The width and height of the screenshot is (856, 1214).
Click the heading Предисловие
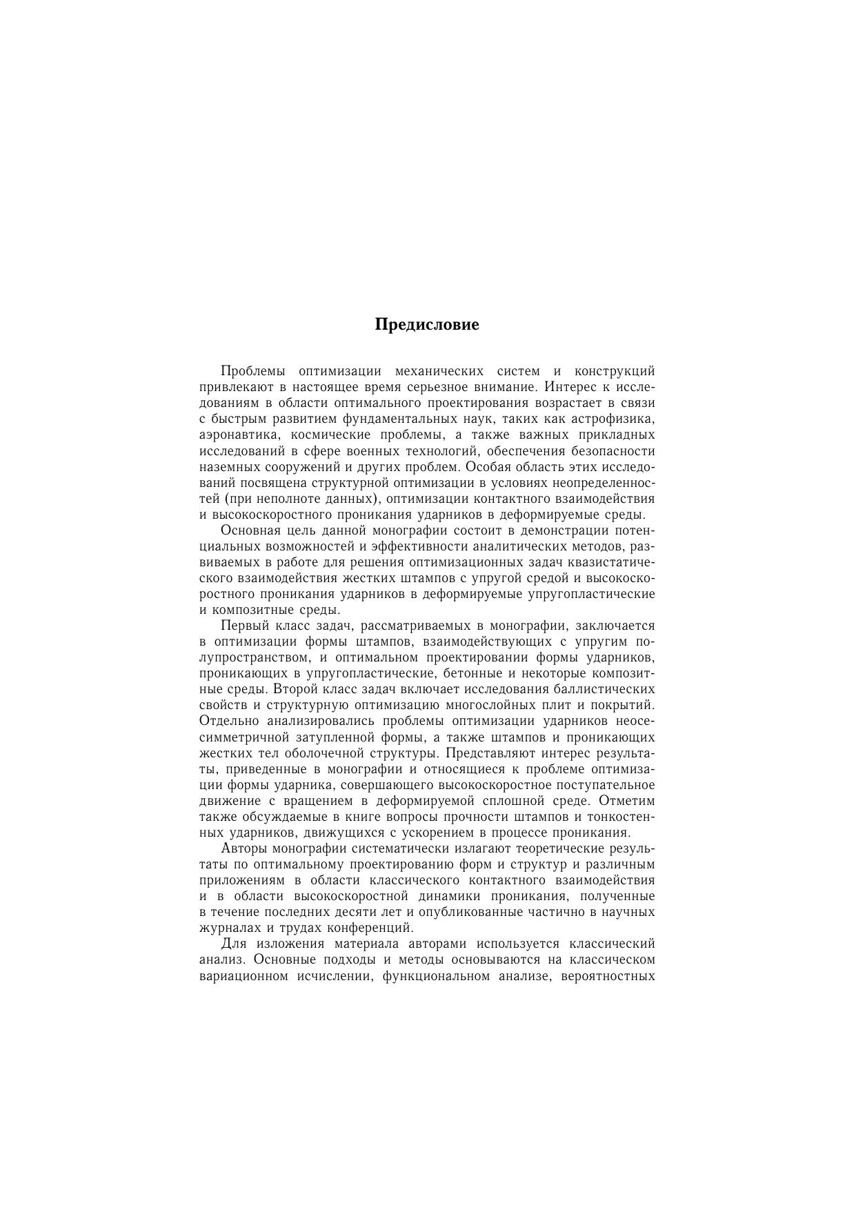click(427, 324)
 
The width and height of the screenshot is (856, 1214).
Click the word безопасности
click(614, 451)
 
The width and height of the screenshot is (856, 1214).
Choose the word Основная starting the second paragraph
click(250, 530)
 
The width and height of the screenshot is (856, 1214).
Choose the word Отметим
click(627, 801)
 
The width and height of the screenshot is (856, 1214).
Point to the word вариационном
click(242, 976)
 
